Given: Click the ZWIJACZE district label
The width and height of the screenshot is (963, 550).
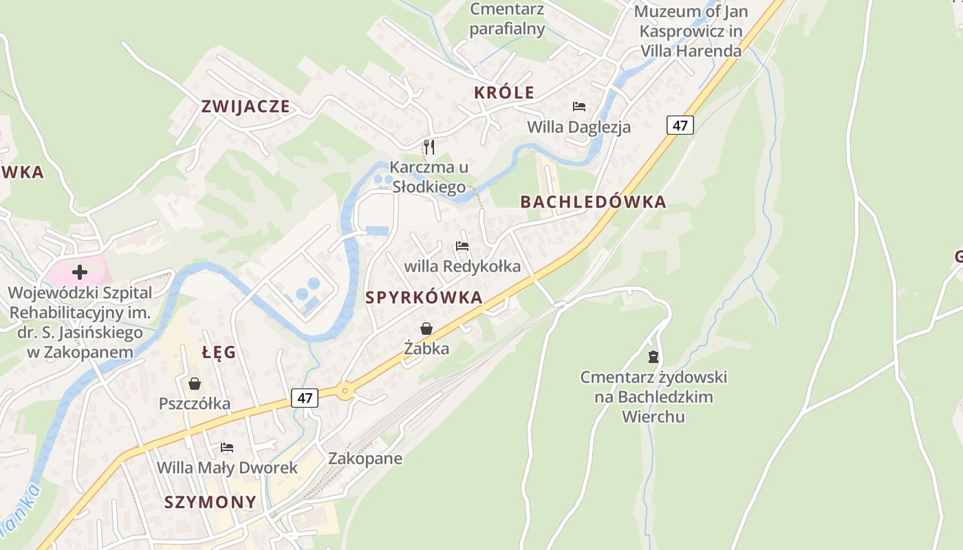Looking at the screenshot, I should click(x=245, y=107).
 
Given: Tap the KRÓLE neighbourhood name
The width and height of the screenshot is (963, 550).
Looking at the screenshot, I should click(x=504, y=93).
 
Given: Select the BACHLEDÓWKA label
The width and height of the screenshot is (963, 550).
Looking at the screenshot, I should click(x=593, y=202).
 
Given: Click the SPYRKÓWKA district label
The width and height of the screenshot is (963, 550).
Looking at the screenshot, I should click(x=424, y=298).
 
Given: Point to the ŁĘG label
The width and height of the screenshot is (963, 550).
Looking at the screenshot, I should click(x=219, y=353).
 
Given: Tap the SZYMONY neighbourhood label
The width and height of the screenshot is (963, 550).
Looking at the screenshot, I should click(x=210, y=503).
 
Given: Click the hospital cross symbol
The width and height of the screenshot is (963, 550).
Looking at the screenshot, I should click(x=80, y=272).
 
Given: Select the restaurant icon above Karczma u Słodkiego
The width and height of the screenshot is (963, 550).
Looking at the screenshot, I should click(x=429, y=146).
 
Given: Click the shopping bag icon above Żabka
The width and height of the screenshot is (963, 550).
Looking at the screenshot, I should click(x=426, y=329).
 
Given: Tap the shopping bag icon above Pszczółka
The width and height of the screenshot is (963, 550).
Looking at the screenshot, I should click(x=195, y=383).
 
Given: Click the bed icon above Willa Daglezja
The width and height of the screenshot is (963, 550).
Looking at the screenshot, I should click(x=579, y=107).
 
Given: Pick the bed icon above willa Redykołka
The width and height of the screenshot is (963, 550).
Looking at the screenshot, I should click(x=462, y=246).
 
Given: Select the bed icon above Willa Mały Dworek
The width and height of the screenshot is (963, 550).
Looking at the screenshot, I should click(x=227, y=448).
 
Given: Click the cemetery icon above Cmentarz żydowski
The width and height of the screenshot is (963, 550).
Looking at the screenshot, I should click(x=653, y=357).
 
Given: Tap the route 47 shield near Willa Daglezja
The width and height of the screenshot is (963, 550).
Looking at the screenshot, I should click(x=680, y=125).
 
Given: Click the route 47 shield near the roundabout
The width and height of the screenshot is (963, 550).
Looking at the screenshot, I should click(x=305, y=397).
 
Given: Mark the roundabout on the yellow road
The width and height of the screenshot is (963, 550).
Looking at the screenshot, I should click(x=345, y=391).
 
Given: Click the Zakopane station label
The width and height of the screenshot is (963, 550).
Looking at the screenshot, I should click(x=365, y=459).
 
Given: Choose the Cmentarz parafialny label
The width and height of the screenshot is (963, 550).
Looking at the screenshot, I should click(x=508, y=19).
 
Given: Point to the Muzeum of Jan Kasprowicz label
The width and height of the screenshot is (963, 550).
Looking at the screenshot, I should click(x=691, y=31).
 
